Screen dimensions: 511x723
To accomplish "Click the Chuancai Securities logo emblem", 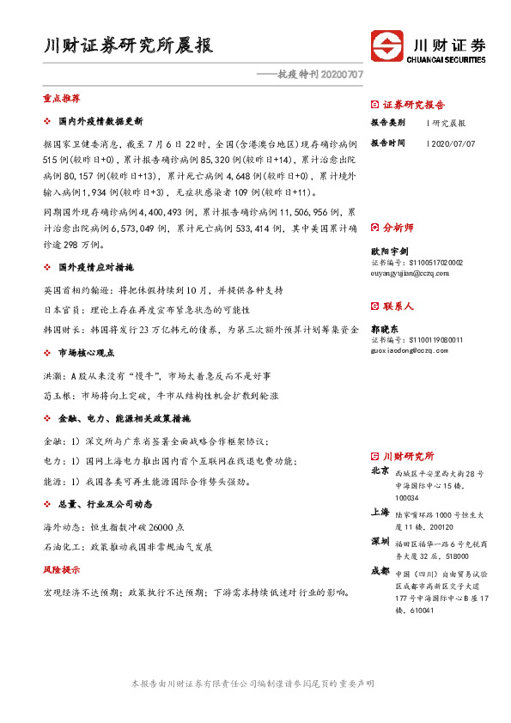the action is (x=387, y=48).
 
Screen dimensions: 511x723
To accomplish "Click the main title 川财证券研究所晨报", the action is (x=128, y=45).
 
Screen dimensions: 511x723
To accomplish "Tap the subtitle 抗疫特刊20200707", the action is (x=310, y=75).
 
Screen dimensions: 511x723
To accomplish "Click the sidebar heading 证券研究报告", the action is (x=413, y=105).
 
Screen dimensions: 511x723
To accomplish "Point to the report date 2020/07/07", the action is (x=453, y=143).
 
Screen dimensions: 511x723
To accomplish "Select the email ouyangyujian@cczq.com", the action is (x=404, y=273).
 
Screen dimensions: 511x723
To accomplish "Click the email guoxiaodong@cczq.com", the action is (x=404, y=349).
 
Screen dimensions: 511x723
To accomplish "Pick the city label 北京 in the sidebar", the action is (x=379, y=471).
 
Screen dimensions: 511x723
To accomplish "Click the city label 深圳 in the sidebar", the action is (x=379, y=542).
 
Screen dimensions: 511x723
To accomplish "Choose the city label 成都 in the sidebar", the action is (x=379, y=570).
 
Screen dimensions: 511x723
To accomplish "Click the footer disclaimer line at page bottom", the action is (x=254, y=684).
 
